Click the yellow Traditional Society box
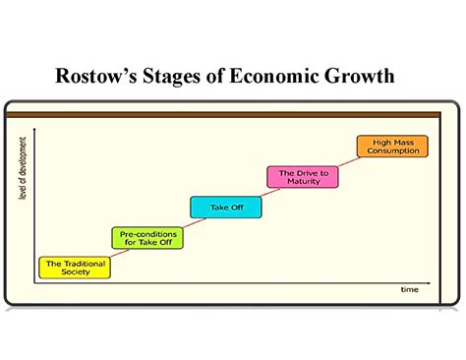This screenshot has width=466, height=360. [x=73, y=267]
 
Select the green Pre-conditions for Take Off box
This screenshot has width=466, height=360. [x=146, y=237]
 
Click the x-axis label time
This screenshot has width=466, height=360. [x=408, y=290]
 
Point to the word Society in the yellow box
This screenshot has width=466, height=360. [x=74, y=271]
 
